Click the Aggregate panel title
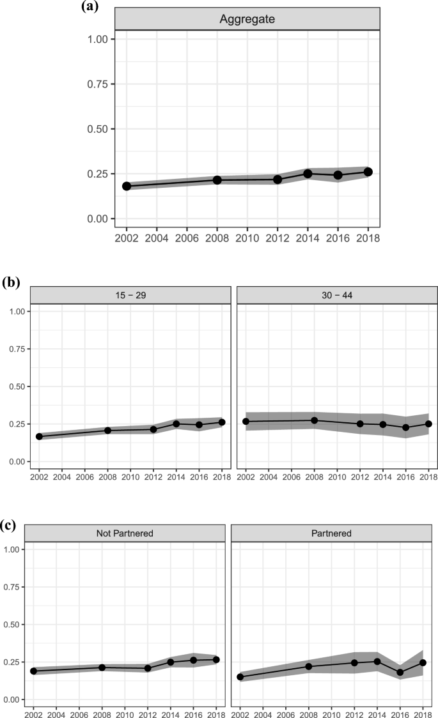tap(247, 19)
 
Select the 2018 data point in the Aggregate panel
tap(368, 172)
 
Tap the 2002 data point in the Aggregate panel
tap(127, 186)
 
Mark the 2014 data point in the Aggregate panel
tap(308, 174)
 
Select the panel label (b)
tap(11, 281)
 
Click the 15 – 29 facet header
tap(130, 294)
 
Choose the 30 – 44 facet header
tap(336, 294)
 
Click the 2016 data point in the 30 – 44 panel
tap(405, 427)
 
